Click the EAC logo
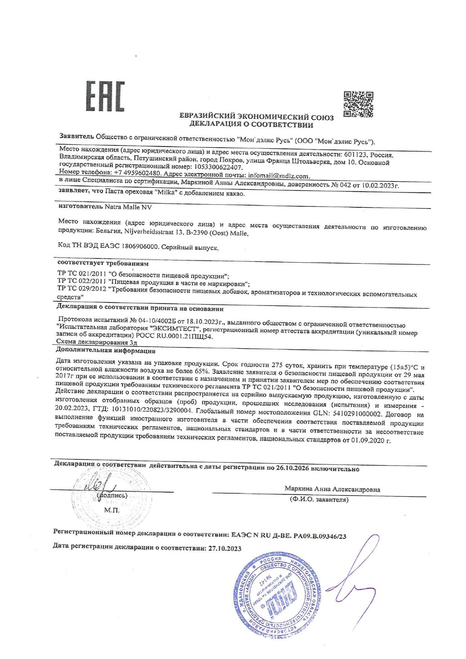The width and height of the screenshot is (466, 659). pyautogui.click(x=106, y=97)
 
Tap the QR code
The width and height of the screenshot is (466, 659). pyautogui.click(x=359, y=104)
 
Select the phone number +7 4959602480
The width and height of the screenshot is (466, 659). pyautogui.click(x=138, y=173)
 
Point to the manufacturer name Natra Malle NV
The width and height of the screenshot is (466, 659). pyautogui.click(x=128, y=207)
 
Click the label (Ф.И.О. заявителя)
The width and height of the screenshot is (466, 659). pyautogui.click(x=319, y=500)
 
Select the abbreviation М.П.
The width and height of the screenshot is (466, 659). pyautogui.click(x=112, y=510)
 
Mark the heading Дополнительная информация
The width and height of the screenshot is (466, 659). pyautogui.click(x=106, y=351)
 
